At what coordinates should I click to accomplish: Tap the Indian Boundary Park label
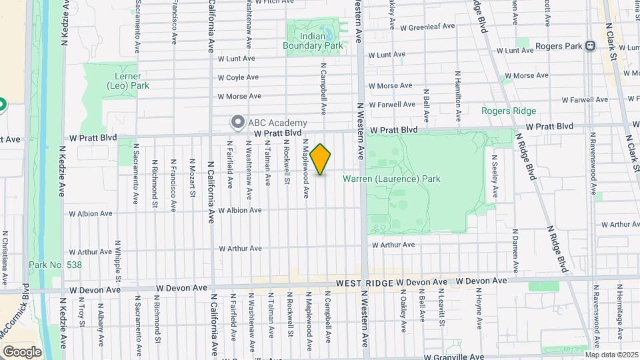313,41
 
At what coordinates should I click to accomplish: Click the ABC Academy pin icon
237,122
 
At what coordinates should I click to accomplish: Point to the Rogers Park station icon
590,46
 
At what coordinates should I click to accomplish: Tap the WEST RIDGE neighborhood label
364,283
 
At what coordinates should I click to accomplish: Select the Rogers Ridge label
509,111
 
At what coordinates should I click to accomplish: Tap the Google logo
22,351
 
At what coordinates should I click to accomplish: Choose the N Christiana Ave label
5,257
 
